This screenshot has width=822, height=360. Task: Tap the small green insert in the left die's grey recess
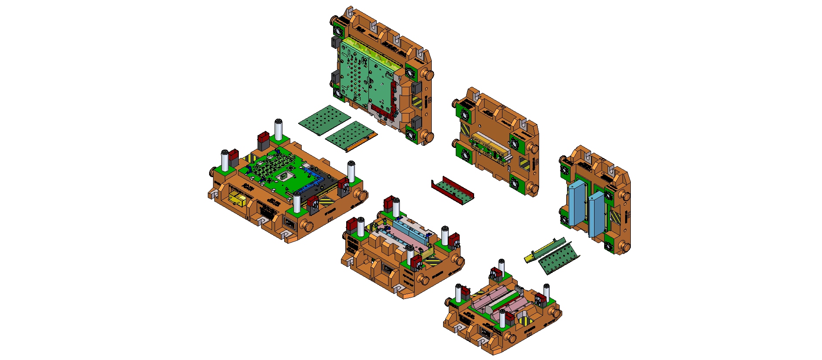285,176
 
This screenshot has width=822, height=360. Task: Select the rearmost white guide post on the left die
278,129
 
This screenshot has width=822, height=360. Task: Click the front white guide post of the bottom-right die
502,319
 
